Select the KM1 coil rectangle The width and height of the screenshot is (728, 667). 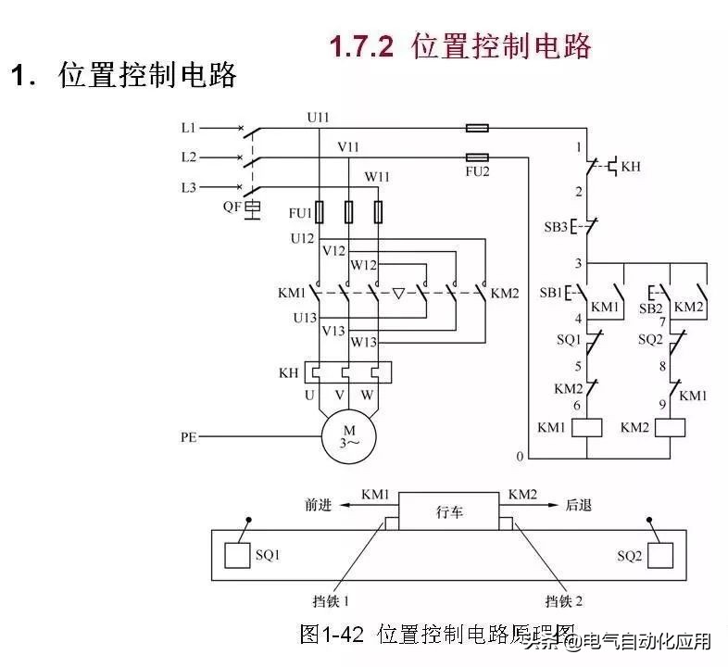(588, 427)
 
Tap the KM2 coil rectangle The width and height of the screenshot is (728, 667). (670, 427)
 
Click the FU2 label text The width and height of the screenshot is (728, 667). (478, 172)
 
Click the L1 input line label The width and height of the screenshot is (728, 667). (189, 127)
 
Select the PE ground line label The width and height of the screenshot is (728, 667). (189, 434)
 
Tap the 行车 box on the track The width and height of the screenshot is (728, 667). (449, 511)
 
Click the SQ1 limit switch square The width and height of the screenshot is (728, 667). (237, 555)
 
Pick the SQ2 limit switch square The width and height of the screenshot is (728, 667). (659, 555)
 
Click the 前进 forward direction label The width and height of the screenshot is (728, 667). (318, 506)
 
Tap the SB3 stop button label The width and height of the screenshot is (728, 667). (555, 227)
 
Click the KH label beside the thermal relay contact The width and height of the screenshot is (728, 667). (630, 167)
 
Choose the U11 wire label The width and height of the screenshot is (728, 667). (318, 117)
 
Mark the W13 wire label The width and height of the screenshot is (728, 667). (363, 342)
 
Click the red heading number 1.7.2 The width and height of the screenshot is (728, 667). (362, 46)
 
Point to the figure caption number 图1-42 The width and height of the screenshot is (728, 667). (334, 635)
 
